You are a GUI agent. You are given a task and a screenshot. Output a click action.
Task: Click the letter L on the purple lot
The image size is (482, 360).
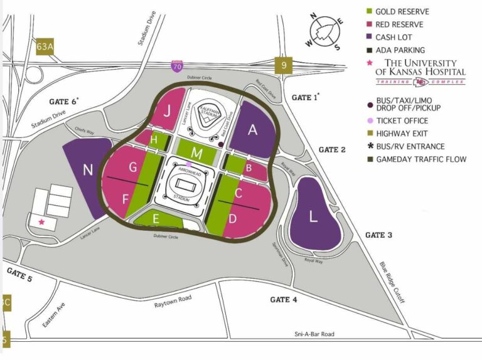[313, 218]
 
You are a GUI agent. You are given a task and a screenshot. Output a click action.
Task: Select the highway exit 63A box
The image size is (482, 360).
[45, 46]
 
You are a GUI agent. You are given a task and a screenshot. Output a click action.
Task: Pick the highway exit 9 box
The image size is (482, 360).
[284, 65]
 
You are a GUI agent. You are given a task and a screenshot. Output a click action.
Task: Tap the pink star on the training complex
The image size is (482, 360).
[41, 222]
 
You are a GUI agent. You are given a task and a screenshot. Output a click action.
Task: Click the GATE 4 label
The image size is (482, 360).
[284, 300]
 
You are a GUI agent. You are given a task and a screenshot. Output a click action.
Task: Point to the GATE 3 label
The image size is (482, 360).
[378, 235]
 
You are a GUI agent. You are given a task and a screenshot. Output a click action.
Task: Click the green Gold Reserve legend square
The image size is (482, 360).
[370, 11]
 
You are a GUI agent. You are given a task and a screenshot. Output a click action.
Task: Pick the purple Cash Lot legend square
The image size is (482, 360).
[370, 37]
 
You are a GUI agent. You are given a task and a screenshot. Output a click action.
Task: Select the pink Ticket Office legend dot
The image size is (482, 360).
[370, 121]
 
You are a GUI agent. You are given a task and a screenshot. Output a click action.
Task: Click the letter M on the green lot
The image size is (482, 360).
[197, 153]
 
